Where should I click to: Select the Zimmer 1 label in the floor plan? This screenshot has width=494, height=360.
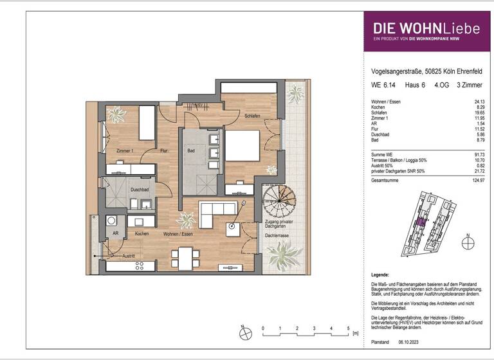click(x=125, y=150)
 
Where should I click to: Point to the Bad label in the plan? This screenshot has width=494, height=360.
click(x=191, y=150)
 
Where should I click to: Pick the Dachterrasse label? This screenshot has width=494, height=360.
click(x=277, y=236)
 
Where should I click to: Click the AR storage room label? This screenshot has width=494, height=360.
click(x=115, y=234)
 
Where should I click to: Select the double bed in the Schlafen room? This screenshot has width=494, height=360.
click(x=240, y=145)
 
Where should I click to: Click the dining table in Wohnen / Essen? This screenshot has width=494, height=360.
click(x=183, y=257)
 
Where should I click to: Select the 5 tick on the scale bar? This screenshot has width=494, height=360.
click(x=348, y=328)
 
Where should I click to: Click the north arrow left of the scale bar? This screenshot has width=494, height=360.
click(x=244, y=334)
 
